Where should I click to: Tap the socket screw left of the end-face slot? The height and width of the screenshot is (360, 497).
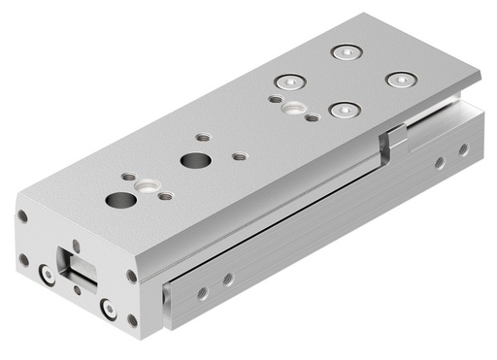tap(47, 276)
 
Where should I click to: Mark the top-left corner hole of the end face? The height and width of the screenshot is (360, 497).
tap(22, 216)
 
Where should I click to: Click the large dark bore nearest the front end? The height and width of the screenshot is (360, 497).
tap(120, 201)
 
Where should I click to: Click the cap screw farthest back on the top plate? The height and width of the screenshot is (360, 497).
tap(341, 51)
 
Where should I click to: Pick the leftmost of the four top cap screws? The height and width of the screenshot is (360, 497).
tap(284, 82)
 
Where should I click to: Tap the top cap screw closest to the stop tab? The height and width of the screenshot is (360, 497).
tap(339, 111)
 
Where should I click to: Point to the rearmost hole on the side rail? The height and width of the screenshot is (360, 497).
tap(463, 149)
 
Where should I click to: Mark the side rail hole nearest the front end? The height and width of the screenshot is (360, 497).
tap(202, 291)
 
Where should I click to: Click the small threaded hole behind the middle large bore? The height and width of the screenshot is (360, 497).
tap(202, 138)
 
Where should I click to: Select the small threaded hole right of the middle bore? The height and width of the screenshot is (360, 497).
tap(239, 155)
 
